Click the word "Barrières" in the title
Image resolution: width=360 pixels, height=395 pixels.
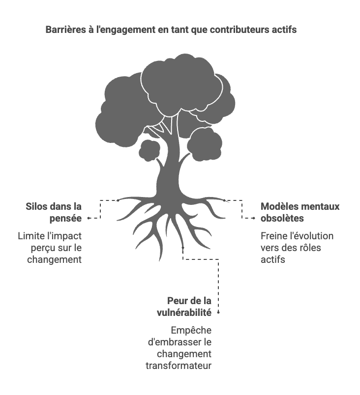click(65, 30)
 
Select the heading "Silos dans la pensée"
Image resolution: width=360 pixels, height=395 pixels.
click(54, 212)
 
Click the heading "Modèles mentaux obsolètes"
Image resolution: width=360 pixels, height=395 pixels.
click(300, 212)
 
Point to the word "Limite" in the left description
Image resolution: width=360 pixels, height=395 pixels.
click(31, 236)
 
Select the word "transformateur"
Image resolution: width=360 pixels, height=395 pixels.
click(179, 366)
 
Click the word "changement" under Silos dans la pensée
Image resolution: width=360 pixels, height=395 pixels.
click(54, 259)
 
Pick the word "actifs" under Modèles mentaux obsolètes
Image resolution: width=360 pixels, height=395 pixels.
click(272, 259)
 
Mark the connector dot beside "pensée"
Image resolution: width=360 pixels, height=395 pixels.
click(89, 218)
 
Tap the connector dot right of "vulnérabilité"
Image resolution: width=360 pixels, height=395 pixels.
click(218, 312)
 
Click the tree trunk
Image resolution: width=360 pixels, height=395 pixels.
click(170, 167)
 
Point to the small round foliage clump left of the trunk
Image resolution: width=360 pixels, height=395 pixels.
click(149, 150)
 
